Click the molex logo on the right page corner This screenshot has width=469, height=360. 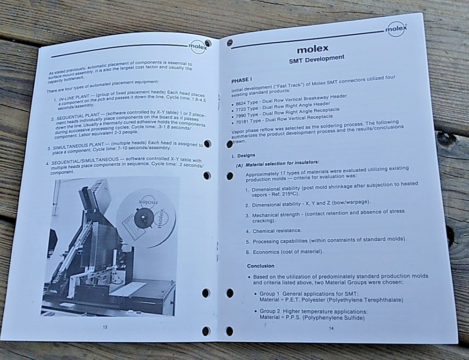click(x=396, y=29)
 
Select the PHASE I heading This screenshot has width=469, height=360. click(x=242, y=80)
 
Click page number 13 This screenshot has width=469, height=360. click(x=105, y=326)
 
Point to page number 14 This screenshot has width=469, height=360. click(x=330, y=328)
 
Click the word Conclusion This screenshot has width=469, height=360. click(x=261, y=266)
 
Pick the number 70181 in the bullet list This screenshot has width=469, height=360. click(x=244, y=122)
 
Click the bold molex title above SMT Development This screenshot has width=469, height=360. click(x=313, y=48)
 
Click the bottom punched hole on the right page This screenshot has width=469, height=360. click(x=230, y=331)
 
